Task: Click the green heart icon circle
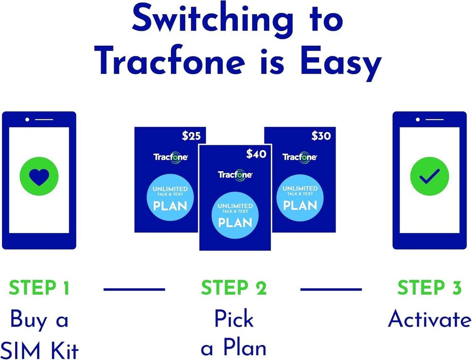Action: point(39,177)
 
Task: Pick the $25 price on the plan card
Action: point(191,136)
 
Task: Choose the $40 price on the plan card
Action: point(256,154)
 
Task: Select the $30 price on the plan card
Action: point(321,136)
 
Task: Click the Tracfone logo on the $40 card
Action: point(235,175)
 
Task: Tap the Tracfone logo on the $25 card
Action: point(170,157)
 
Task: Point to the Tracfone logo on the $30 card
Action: point(299,157)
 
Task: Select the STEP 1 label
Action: point(39,288)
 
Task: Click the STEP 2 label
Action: point(234,288)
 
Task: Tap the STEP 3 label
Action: point(429,288)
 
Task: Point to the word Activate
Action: point(429,320)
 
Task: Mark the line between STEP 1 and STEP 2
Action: point(134,289)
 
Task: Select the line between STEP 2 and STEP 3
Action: point(331,289)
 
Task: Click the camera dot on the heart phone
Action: point(27,119)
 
